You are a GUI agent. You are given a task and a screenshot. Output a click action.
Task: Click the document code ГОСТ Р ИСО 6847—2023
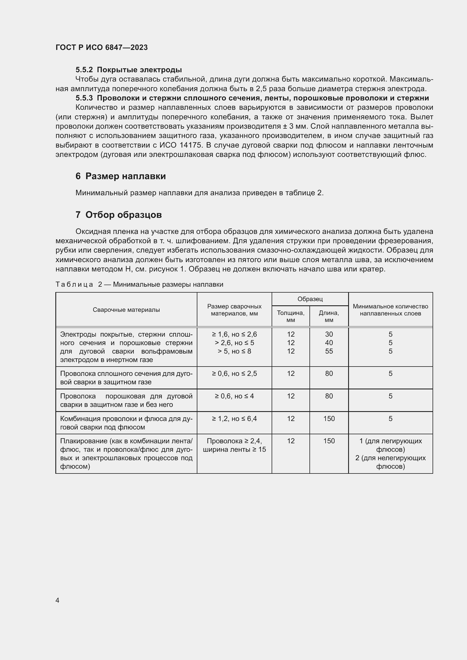click(102, 47)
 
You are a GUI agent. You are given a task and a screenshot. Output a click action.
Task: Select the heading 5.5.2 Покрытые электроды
click(128, 70)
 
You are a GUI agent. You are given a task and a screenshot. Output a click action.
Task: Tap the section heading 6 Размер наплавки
click(121, 176)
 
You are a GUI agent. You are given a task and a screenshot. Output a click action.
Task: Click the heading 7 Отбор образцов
click(119, 215)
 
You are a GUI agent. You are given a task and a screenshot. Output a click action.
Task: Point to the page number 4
click(57, 600)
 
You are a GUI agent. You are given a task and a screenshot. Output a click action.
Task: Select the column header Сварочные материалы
click(126, 310)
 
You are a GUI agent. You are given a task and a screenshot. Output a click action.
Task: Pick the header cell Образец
click(310, 299)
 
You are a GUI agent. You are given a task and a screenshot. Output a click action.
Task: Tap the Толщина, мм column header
click(291, 316)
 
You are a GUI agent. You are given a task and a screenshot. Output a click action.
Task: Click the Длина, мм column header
click(329, 316)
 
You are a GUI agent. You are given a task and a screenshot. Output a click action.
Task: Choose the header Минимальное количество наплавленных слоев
click(390, 310)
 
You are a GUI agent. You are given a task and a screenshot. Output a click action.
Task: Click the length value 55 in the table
click(329, 351)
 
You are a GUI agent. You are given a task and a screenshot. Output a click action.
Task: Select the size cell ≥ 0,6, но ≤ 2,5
click(234, 373)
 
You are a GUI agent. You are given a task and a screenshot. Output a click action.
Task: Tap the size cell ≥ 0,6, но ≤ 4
click(234, 396)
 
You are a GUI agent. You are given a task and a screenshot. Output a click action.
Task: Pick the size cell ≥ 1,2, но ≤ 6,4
click(234, 418)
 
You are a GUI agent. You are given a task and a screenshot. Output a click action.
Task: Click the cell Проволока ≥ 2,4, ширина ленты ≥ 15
click(234, 445)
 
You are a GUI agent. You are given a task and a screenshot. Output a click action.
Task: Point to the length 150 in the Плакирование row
click(329, 441)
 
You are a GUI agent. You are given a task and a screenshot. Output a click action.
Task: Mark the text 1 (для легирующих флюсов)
click(390, 445)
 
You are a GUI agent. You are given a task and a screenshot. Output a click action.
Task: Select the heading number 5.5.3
click(84, 98)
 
